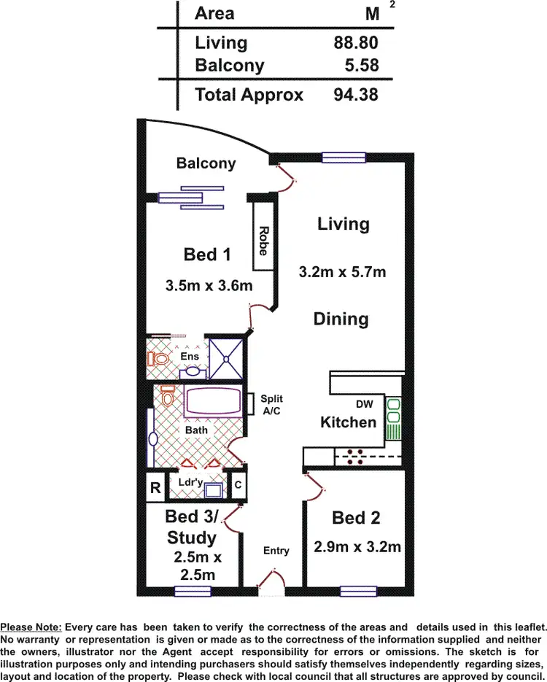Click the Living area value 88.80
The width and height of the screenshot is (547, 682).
click(x=356, y=43)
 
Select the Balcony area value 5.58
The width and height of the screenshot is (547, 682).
click(x=362, y=66)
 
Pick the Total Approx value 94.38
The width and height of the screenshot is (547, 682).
click(x=356, y=95)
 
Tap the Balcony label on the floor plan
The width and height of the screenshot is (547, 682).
click(x=206, y=163)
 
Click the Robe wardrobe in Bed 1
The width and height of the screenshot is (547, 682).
click(x=263, y=241)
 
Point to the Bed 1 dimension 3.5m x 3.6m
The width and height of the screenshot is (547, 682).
click(x=209, y=285)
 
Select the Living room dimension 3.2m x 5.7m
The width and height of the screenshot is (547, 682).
click(x=343, y=273)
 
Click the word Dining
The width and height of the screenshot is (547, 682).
click(x=341, y=319)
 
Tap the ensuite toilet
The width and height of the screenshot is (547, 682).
click(x=157, y=358)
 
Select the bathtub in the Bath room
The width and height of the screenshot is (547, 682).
click(x=212, y=402)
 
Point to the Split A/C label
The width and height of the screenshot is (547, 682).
click(x=271, y=405)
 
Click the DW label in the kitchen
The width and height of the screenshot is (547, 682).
click(x=365, y=403)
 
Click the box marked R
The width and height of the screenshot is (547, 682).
click(x=155, y=488)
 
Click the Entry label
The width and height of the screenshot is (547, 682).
click(x=276, y=551)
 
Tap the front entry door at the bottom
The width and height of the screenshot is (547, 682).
click(x=271, y=581)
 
